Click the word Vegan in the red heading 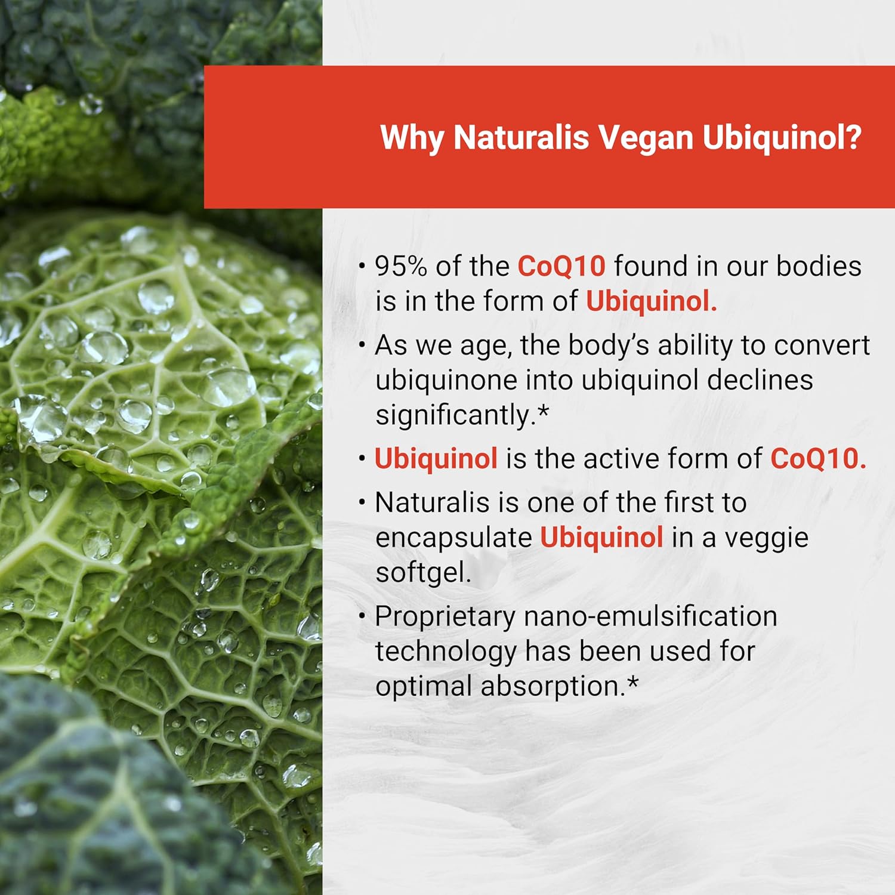(x=646, y=138)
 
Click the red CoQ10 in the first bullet (x=561, y=266)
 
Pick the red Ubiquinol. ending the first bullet (x=651, y=301)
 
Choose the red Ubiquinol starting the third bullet (x=436, y=459)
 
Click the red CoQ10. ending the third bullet (x=818, y=459)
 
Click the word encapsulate (x=453, y=538)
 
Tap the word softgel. (x=423, y=573)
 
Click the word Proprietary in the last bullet (x=445, y=616)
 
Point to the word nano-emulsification (x=650, y=616)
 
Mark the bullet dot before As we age (x=362, y=344)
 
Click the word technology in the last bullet (x=445, y=652)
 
